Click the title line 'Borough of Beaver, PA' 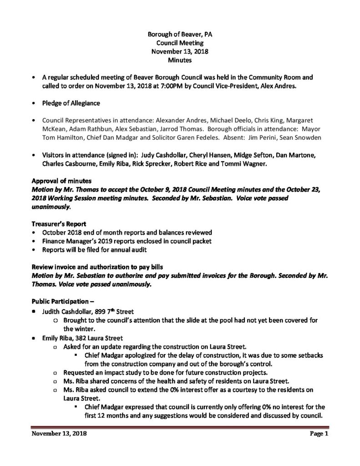click(179, 34)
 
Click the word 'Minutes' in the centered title click(179, 60)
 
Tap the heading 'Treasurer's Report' click(55, 224)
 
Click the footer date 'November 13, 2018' click(59, 434)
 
